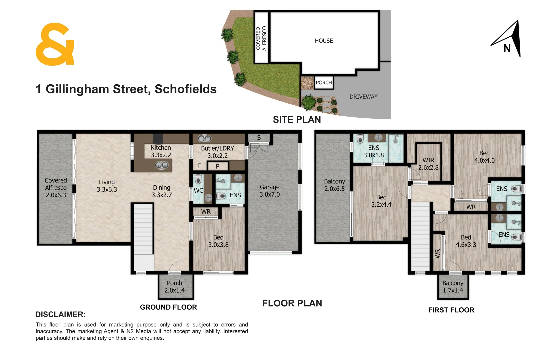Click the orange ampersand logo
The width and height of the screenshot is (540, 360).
(x=55, y=44)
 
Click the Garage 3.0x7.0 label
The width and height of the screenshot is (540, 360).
(x=270, y=191)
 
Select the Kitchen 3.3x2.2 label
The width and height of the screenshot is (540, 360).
(x=161, y=151)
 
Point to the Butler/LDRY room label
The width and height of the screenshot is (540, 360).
(x=217, y=152)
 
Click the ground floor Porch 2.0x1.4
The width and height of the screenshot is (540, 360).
(x=174, y=287)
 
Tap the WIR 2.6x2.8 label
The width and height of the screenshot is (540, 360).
(x=428, y=164)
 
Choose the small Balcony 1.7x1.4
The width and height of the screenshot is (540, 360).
(x=453, y=287)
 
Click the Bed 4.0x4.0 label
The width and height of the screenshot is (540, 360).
(x=484, y=157)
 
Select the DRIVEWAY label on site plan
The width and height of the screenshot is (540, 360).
(x=363, y=97)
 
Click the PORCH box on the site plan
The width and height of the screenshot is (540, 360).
(x=324, y=83)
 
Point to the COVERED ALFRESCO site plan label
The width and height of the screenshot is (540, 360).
(x=261, y=38)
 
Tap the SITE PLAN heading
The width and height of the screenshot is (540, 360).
(x=297, y=120)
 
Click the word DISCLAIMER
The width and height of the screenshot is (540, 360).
(x=60, y=314)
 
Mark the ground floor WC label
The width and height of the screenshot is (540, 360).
(x=198, y=190)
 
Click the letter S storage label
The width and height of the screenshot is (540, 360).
(x=259, y=138)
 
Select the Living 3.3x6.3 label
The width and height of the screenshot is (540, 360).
(x=107, y=186)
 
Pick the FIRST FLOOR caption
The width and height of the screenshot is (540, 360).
(x=451, y=310)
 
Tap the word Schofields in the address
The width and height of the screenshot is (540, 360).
(x=186, y=89)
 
